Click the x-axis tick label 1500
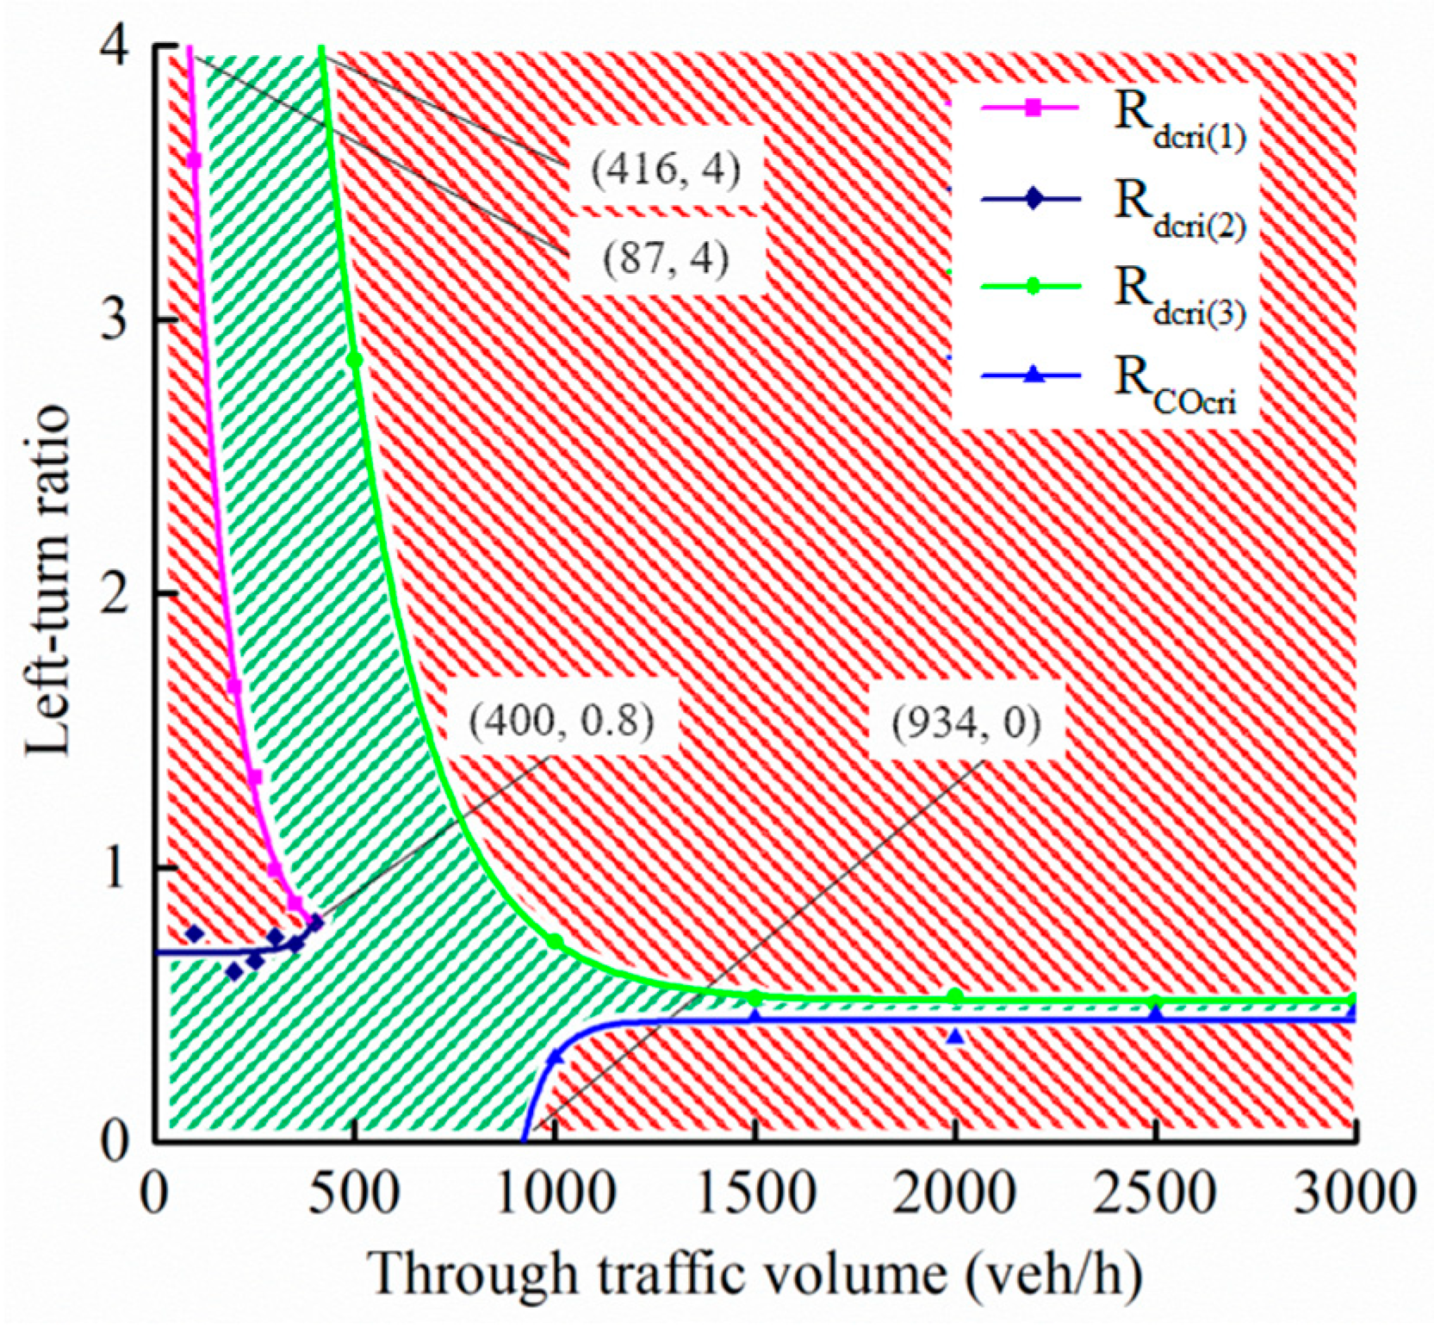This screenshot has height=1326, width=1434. (x=754, y=1195)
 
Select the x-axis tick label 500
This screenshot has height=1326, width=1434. (x=355, y=1195)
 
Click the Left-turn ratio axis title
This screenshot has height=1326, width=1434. (x=47, y=581)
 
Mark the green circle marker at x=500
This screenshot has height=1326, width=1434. (x=355, y=360)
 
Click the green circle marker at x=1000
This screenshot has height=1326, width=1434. (x=556, y=942)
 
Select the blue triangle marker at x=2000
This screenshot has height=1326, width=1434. (x=954, y=1037)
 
